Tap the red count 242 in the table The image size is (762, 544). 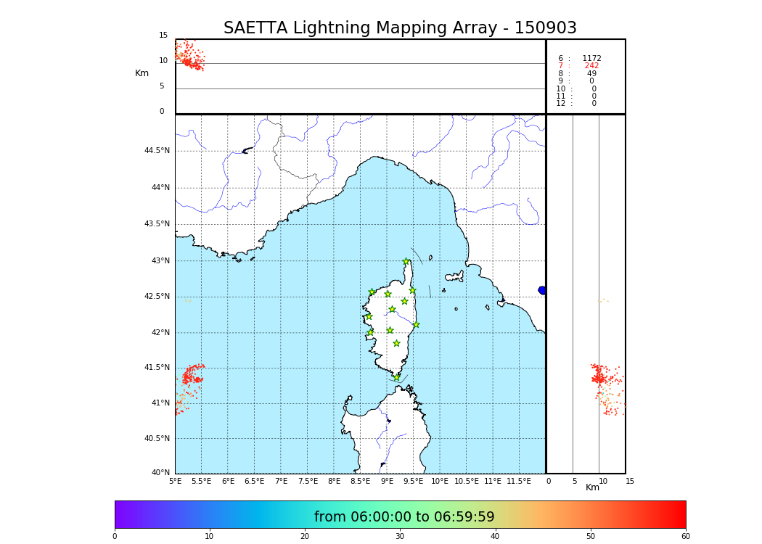(x=591, y=66)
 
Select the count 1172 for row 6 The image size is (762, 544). (x=591, y=59)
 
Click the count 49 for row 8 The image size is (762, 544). (x=591, y=74)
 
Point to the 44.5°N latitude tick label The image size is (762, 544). (x=157, y=151)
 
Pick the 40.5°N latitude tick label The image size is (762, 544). (x=157, y=439)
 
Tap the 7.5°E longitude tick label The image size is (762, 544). (x=308, y=482)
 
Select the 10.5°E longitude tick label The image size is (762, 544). (x=467, y=482)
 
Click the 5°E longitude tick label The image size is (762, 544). (x=176, y=482)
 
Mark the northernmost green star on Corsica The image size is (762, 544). (x=406, y=262)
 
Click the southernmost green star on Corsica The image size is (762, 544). (x=396, y=377)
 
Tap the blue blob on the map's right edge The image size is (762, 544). (x=542, y=290)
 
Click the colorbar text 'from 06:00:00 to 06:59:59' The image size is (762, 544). (x=404, y=517)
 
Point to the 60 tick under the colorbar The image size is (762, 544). (x=685, y=537)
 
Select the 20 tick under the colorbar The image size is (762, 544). (x=305, y=537)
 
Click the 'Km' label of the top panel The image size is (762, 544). (x=142, y=73)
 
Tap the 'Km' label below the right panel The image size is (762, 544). (x=592, y=487)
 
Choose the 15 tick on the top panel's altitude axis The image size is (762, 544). (x=163, y=36)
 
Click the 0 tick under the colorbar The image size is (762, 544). (x=115, y=537)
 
